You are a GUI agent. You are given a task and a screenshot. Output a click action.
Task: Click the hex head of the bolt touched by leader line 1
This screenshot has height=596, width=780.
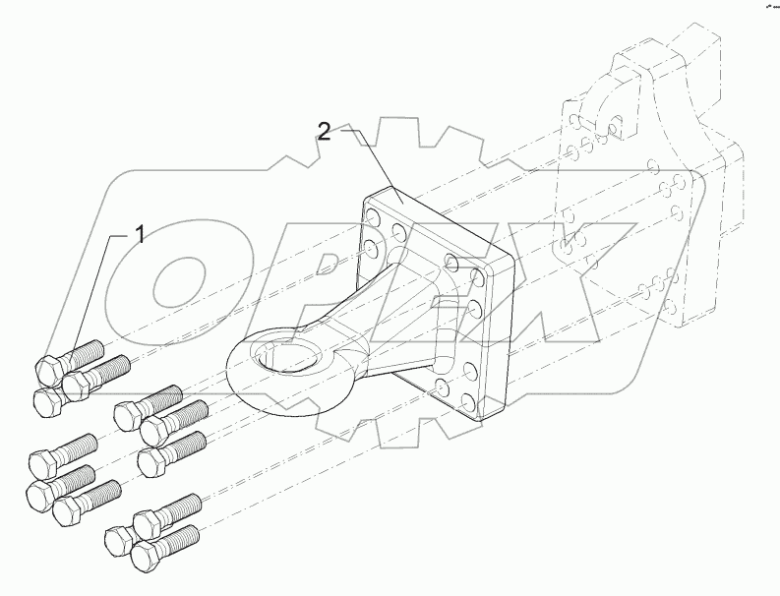click(x=49, y=371)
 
